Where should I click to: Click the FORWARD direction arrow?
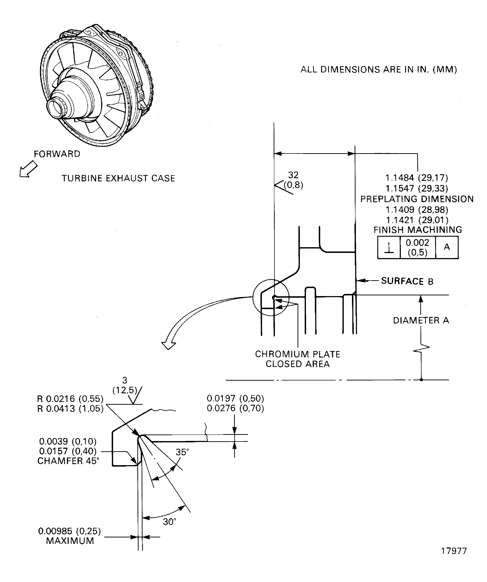28,170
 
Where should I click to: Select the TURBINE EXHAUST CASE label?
118,178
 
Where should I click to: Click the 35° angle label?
182,452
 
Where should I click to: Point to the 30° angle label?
169,522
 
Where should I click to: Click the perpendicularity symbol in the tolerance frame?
389,248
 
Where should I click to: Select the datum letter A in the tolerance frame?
447,247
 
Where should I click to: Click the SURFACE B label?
407,281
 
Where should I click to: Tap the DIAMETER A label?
421,320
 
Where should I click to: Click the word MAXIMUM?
70,541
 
